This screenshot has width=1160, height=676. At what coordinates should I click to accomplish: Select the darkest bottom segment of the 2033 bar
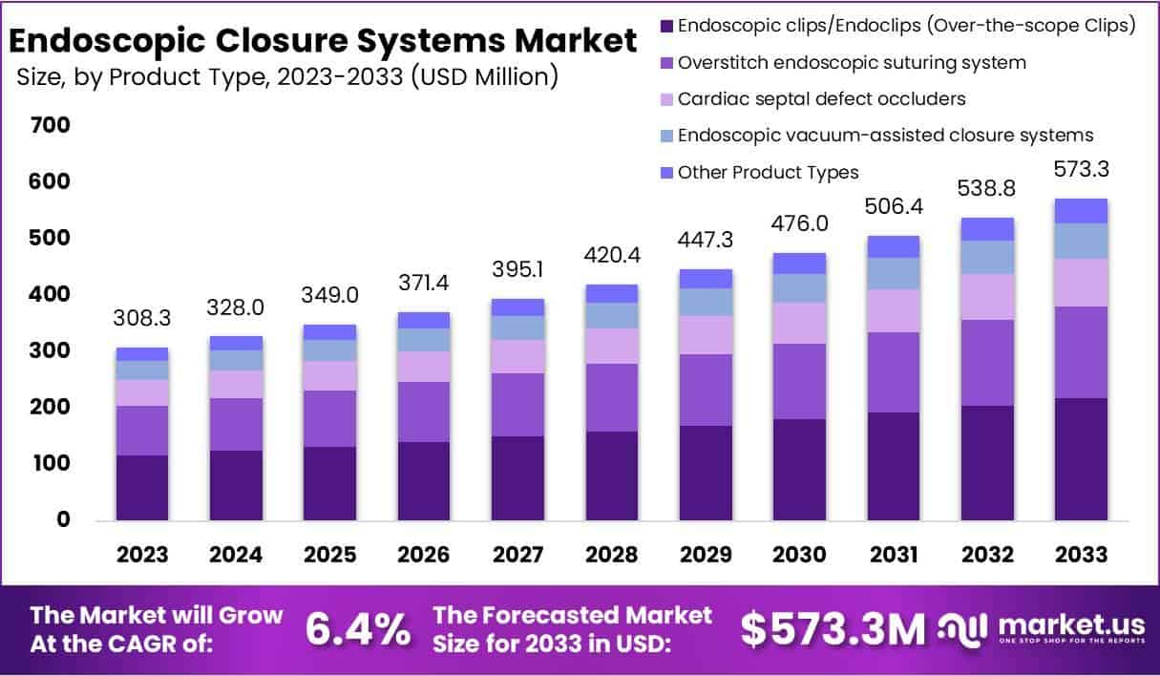click(1082, 458)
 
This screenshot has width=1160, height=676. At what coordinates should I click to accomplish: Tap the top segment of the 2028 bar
click(612, 293)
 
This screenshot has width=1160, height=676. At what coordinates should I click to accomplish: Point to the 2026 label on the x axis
click(424, 555)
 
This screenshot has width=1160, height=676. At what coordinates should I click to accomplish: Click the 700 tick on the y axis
click(50, 125)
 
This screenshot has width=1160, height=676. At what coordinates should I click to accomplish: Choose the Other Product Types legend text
click(768, 173)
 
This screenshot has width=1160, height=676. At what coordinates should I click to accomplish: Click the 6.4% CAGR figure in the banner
click(358, 629)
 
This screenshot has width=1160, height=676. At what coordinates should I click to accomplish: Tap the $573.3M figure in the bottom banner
click(833, 629)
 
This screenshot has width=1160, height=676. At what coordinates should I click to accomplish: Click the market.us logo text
click(1070, 625)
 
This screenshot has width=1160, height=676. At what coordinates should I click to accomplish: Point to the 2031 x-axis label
click(894, 555)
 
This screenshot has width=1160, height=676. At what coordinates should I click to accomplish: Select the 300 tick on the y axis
click(50, 350)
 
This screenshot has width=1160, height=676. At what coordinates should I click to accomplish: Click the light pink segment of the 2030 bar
click(800, 323)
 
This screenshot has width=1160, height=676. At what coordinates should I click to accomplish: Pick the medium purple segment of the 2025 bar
click(330, 418)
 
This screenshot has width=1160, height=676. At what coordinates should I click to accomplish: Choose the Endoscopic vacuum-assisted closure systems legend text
click(885, 136)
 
